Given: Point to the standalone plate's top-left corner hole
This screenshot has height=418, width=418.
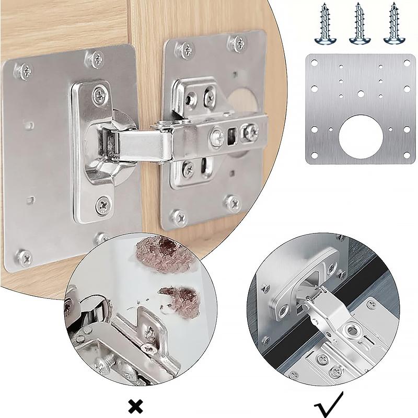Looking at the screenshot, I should tap(315, 63).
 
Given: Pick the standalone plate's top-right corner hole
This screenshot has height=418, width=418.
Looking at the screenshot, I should tap(406, 63).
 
